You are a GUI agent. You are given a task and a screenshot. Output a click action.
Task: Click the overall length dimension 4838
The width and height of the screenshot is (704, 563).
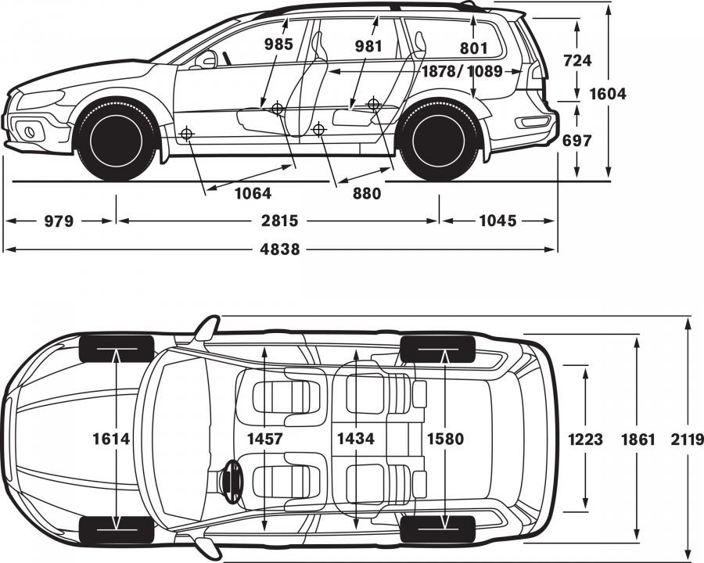[x=280, y=249]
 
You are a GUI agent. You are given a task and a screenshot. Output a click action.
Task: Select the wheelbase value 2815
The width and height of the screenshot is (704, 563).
[x=279, y=221]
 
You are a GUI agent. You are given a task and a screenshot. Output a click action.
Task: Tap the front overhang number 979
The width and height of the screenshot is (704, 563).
[x=59, y=221]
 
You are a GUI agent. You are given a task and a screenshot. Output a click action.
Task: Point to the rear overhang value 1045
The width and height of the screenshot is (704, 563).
[x=498, y=221]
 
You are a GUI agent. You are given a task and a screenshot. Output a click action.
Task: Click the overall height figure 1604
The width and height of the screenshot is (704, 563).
[x=608, y=94]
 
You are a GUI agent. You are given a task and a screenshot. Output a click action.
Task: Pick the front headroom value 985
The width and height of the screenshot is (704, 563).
[x=278, y=44]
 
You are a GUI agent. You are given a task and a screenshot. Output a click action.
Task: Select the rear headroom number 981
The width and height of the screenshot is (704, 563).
[x=368, y=46]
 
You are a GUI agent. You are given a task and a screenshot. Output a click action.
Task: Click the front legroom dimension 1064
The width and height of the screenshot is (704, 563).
[x=253, y=193]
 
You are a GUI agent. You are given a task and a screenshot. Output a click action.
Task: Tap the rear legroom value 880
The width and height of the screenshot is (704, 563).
[x=367, y=193]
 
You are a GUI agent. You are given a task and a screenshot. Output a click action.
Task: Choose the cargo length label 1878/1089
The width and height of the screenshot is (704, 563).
[x=462, y=71]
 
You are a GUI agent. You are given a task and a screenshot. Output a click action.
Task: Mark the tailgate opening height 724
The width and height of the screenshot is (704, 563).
[x=577, y=60]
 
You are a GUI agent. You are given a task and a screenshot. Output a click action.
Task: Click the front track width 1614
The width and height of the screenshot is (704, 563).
[x=111, y=439]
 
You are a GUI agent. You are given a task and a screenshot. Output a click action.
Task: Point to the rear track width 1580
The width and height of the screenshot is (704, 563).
[x=445, y=439]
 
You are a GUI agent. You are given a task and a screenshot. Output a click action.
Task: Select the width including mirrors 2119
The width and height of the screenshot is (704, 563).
[x=687, y=439]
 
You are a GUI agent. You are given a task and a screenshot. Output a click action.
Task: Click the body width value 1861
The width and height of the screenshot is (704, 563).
[x=638, y=439]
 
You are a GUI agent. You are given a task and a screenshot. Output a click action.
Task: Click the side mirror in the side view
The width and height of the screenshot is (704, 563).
[x=207, y=59]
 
